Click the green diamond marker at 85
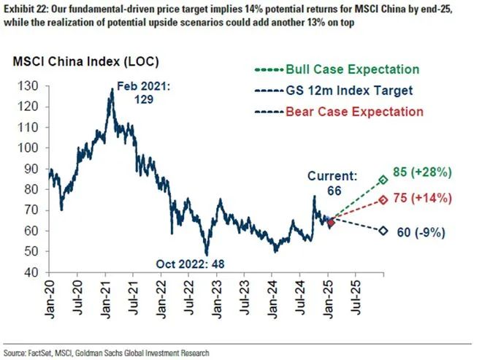tap(383, 180)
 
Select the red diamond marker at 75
tap(383, 200)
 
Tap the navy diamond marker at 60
tap(383, 231)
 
